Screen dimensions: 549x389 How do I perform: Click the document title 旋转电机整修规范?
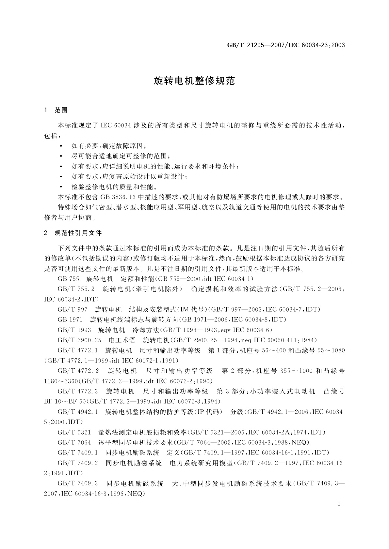pyautogui.click(x=194, y=81)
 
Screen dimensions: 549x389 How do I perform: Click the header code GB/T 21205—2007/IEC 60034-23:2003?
pyautogui.click(x=286, y=45)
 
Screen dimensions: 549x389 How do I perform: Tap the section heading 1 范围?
pyautogui.click(x=56, y=110)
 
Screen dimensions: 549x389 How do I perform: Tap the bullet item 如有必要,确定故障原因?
pyautogui.click(x=109, y=146)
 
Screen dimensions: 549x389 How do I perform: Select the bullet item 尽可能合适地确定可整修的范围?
pyautogui.click(x=121, y=156)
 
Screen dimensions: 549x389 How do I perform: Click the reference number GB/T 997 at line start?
pyautogui.click(x=73, y=309)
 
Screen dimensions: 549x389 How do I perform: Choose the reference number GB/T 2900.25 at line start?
pyautogui.click(x=79, y=340)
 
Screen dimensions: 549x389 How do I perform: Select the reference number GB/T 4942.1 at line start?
pyautogui.click(x=78, y=412)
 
